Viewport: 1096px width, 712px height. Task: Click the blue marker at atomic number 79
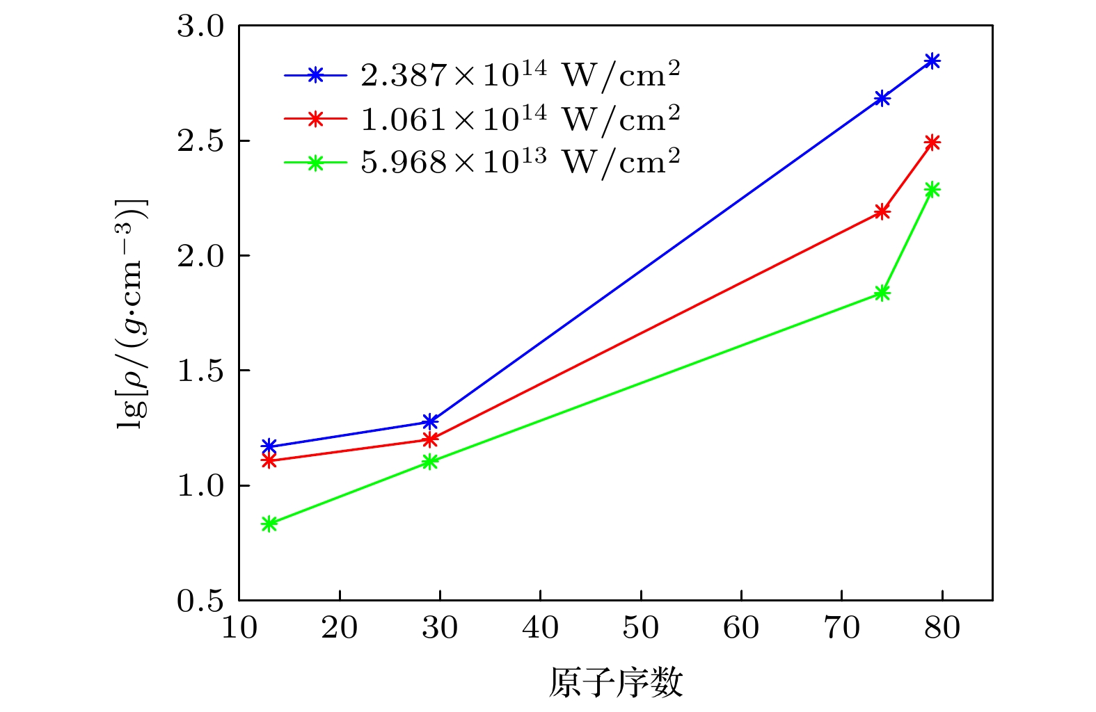[932, 61]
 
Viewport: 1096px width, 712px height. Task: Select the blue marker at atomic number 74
[882, 98]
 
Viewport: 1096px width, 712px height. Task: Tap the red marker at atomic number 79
[932, 143]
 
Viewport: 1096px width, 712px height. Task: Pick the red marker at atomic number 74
[882, 211]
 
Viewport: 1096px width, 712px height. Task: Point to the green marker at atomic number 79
[932, 190]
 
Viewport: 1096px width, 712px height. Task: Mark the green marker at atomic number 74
[882, 293]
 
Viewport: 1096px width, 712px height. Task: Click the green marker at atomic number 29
[430, 462]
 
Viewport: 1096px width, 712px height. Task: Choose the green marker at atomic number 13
[269, 524]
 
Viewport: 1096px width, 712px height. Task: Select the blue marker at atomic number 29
[430, 422]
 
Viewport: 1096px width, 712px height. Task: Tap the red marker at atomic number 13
[269, 460]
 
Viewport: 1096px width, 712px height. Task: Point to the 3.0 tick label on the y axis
[200, 27]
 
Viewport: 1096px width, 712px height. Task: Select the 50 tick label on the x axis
[640, 628]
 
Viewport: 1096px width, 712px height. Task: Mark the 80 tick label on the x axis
[942, 628]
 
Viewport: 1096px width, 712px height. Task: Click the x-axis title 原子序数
[615, 683]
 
